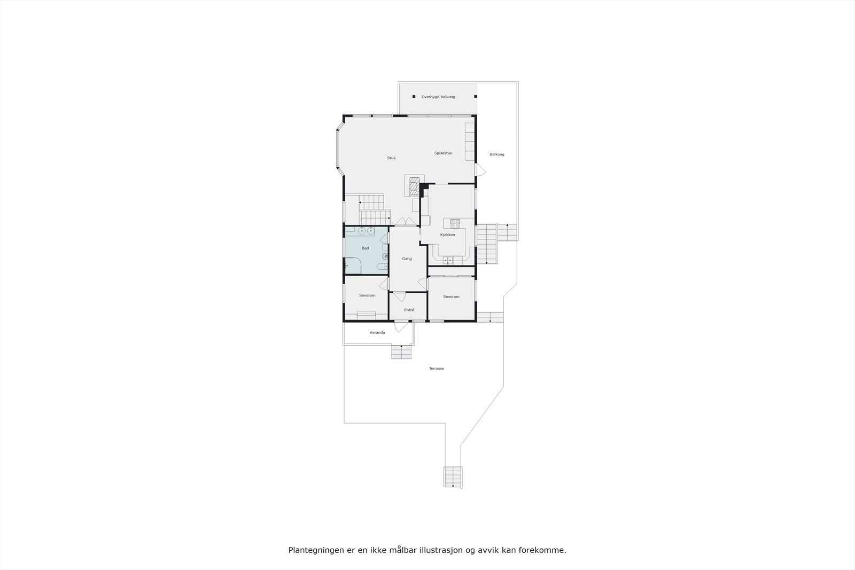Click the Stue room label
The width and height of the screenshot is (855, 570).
point(391,158)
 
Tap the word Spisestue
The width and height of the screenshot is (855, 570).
point(443,153)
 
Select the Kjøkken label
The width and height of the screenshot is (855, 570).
point(447,235)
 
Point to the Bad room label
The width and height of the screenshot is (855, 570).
point(365,248)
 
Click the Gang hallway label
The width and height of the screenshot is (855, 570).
point(407,259)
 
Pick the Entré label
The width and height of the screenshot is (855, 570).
point(409,310)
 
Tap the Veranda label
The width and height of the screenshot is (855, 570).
point(377,333)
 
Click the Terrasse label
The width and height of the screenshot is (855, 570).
point(437,369)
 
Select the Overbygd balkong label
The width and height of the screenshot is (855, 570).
point(438,97)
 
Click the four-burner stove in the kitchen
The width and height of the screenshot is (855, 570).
point(455,222)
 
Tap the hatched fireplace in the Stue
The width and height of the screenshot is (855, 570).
point(414,186)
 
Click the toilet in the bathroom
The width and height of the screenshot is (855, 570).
point(379,267)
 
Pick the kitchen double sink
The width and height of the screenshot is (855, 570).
point(447,260)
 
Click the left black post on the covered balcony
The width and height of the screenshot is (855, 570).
point(414,97)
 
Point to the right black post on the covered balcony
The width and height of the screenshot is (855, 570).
point(476,97)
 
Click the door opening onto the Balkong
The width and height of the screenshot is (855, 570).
point(480,170)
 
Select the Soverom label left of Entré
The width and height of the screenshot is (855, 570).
point(367,295)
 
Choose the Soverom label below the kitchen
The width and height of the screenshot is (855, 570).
point(451,297)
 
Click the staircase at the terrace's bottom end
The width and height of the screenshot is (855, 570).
point(453,477)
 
